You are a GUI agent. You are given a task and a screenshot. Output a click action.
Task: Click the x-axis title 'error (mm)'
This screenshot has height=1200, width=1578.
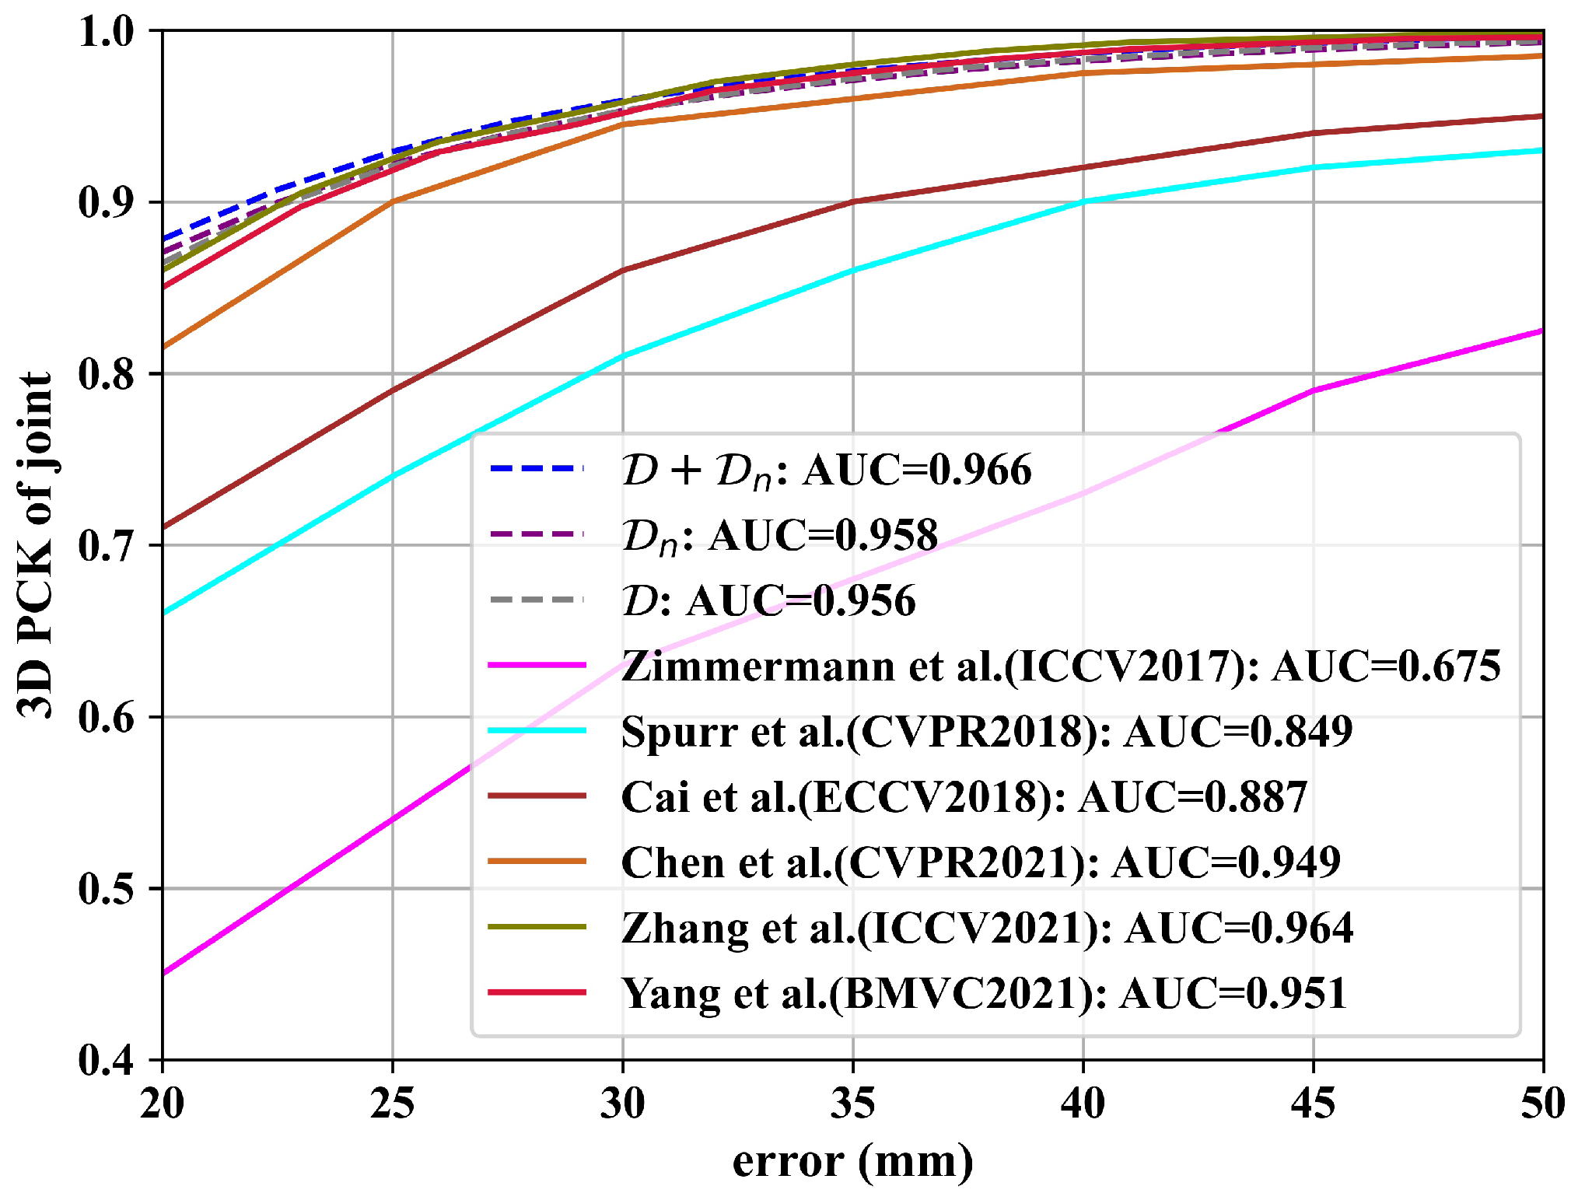point(852,1161)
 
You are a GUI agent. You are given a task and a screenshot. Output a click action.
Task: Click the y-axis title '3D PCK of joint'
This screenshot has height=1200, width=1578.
point(36,544)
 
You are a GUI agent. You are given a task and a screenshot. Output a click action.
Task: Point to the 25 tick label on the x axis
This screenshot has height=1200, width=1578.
point(392,1103)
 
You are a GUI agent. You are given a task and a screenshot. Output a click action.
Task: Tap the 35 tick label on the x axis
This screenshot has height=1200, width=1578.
point(852,1103)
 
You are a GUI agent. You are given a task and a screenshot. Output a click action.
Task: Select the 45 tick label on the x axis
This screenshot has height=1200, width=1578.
point(1313,1103)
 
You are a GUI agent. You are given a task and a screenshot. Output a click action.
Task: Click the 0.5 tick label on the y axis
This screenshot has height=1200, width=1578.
point(106,888)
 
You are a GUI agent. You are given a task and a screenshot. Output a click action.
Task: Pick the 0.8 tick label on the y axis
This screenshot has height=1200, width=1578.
point(106,374)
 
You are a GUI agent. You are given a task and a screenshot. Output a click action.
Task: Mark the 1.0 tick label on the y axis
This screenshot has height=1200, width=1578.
point(106,31)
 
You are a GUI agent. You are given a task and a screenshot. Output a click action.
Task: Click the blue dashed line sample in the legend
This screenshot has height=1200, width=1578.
point(537,469)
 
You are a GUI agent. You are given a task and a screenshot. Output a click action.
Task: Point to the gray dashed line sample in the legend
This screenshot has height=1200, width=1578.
point(537,600)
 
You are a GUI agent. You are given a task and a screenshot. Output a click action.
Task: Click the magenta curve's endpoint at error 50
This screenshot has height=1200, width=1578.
point(1542,331)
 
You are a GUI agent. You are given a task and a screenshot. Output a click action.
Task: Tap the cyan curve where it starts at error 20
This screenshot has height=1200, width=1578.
point(164,613)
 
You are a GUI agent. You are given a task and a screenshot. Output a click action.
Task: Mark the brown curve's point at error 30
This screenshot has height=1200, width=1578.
point(623,271)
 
